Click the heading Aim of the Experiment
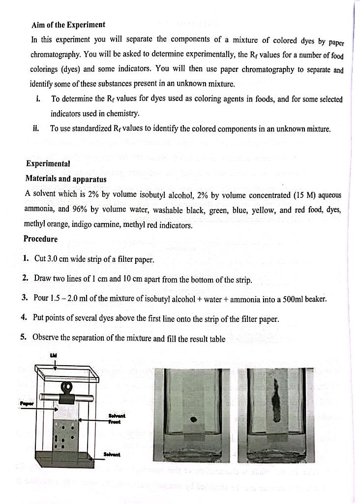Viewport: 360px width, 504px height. pos(68,25)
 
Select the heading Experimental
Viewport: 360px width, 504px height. pos(48,163)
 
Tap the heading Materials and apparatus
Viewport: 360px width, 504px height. pos(65,179)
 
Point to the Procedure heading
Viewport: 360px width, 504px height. pos(40,239)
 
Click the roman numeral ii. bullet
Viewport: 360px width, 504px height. pos(35,129)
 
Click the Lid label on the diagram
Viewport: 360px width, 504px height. pos(54,355)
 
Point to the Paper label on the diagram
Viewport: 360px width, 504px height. pos(26,404)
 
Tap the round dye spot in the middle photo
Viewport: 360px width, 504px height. pos(193,420)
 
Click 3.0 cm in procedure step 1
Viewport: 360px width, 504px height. pos(58,259)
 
